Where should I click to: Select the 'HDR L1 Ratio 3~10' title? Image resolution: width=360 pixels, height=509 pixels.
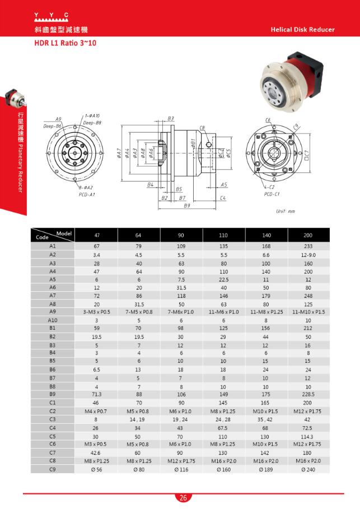[x=65, y=43]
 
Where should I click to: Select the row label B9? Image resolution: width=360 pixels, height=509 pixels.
[x=53, y=394]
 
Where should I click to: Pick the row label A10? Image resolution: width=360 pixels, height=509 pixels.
[x=53, y=320]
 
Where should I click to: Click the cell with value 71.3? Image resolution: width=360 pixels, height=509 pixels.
[x=96, y=394]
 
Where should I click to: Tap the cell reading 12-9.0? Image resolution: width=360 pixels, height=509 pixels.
[x=308, y=254]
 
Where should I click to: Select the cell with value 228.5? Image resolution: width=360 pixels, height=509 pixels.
[x=308, y=394]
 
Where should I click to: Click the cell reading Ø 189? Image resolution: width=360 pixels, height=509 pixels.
[x=266, y=470]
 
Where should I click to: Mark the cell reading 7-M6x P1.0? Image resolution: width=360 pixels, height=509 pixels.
[x=181, y=311]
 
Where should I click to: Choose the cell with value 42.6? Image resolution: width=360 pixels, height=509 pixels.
[x=96, y=452]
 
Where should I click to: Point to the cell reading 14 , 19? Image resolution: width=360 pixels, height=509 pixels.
[x=139, y=419]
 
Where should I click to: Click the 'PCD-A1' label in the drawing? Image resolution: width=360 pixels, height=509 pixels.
[x=87, y=194]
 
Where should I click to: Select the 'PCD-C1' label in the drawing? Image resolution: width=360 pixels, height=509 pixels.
[x=272, y=194]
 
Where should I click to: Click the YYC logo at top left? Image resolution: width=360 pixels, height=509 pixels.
[x=51, y=15]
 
